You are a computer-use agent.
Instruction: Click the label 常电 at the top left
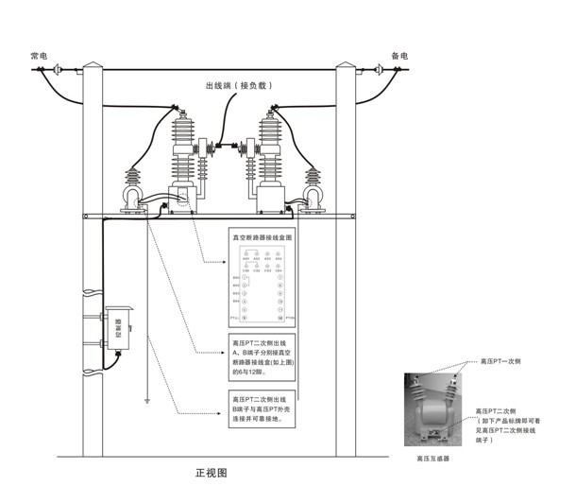click(39, 57)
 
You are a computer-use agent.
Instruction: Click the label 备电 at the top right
click(399, 57)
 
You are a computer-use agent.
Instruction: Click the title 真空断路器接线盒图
click(263, 239)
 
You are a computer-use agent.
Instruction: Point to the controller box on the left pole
click(118, 327)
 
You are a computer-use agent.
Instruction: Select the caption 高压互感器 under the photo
click(432, 457)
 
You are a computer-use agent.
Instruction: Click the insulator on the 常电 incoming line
click(57, 70)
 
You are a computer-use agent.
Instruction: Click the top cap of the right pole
click(347, 67)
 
